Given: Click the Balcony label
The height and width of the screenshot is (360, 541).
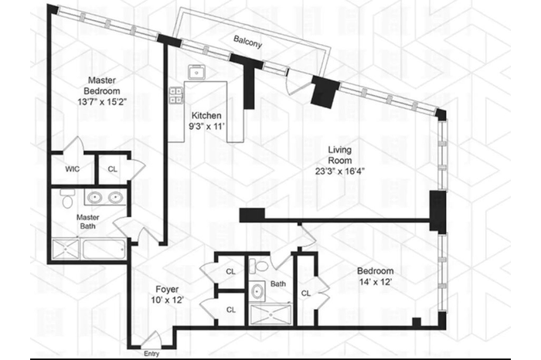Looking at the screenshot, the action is [x=248, y=42].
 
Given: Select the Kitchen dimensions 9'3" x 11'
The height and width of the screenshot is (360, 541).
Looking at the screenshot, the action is [x=206, y=126].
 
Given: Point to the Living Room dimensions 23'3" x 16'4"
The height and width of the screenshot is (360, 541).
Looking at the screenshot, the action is [x=340, y=171].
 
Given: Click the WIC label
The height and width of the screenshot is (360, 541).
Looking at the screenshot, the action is [x=73, y=169].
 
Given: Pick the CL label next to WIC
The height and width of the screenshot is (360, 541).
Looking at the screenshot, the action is [x=113, y=169].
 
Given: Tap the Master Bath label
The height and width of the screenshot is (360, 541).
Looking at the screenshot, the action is [x=87, y=222].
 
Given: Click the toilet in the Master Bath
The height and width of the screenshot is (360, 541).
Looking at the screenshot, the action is [x=67, y=199].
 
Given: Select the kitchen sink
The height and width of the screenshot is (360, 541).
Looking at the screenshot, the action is [x=197, y=72].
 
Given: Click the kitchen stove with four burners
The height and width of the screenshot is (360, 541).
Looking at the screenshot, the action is [x=176, y=96].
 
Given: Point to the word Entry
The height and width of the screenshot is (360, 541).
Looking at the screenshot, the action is [x=151, y=354].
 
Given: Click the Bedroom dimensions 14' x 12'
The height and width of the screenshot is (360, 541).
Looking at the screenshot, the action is [x=376, y=282].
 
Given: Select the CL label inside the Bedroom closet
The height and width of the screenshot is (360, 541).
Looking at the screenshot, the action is [x=306, y=293].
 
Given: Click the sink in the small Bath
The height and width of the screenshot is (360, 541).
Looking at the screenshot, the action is [x=257, y=291].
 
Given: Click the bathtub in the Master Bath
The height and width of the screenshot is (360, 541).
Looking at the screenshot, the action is [x=104, y=249].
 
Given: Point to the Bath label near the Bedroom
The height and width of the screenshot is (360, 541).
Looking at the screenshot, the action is [x=278, y=284].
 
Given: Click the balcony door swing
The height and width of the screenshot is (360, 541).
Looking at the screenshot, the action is [x=293, y=83].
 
